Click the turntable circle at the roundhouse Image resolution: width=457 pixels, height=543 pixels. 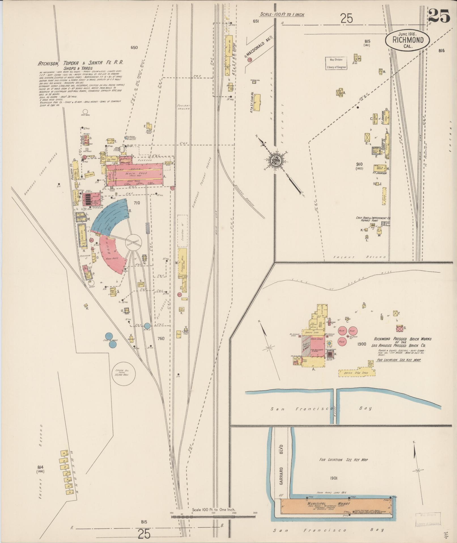(x=133, y=242)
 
